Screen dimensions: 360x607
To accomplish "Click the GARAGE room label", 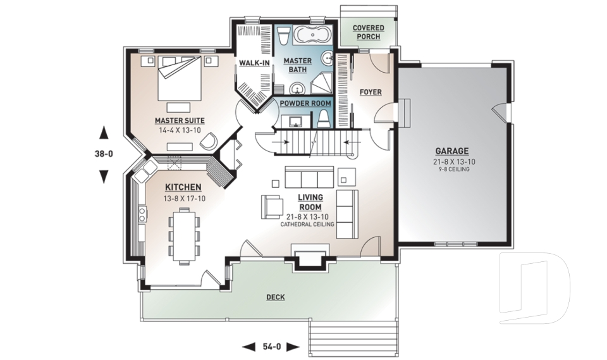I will click(x=451, y=151).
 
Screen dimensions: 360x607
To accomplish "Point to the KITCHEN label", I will click(x=183, y=187).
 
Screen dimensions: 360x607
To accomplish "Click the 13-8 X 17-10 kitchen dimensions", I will click(x=183, y=198).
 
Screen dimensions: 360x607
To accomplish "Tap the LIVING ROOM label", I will click(x=310, y=202).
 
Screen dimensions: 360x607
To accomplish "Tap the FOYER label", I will click(x=371, y=92).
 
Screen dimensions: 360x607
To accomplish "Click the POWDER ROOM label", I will click(x=305, y=103).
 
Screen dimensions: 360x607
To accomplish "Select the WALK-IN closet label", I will click(x=255, y=63).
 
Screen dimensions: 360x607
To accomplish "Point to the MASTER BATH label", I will click(x=297, y=65).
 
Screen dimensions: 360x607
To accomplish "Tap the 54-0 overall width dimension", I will click(x=271, y=346).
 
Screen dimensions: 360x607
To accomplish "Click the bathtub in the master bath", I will click(x=305, y=35).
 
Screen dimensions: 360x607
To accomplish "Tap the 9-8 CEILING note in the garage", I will click(x=451, y=168).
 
